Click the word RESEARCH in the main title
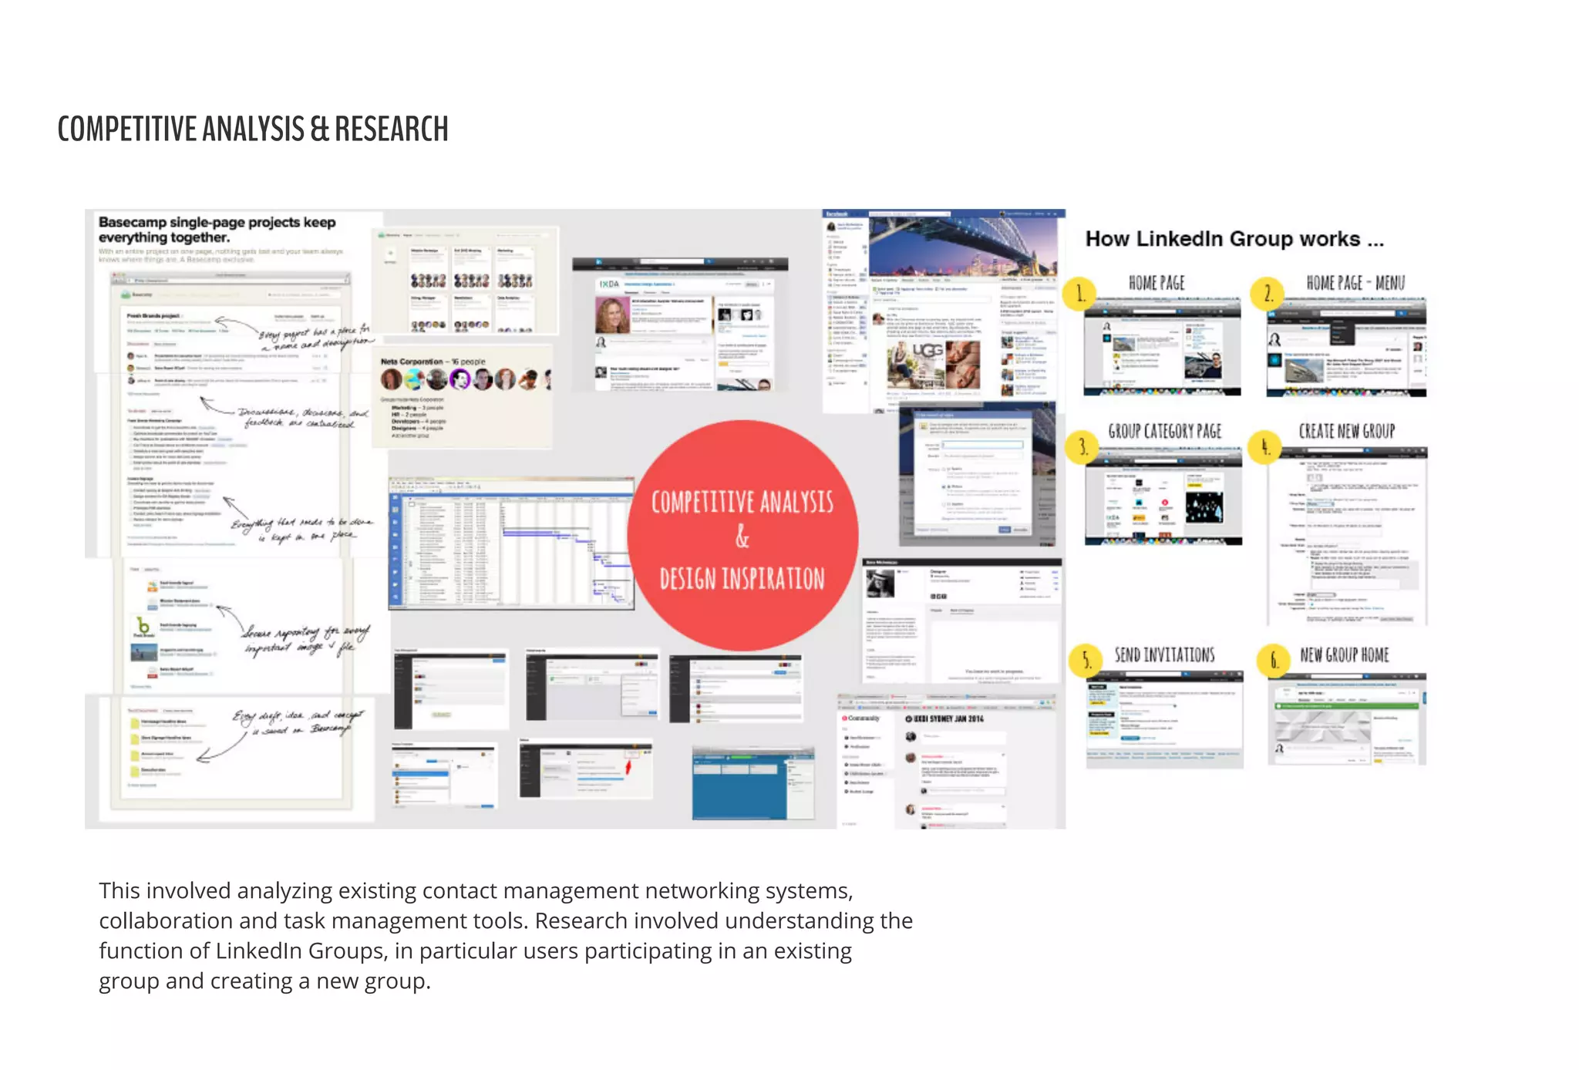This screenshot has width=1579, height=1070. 391,129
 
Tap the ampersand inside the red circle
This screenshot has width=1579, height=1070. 742,537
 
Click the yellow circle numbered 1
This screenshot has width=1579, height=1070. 1081,294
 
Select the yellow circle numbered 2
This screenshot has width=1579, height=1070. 1268,294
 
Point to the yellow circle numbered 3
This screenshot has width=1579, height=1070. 1083,447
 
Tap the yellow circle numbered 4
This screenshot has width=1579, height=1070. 1265,447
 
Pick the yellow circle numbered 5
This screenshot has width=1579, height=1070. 1086,661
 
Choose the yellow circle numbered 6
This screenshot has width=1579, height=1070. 1274,661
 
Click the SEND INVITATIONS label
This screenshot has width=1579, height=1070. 1164,655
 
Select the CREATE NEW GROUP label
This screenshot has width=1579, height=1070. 1346,431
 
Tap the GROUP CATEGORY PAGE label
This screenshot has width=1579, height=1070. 1164,431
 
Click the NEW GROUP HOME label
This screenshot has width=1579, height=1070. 1344,655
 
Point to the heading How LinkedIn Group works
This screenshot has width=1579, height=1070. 1234,239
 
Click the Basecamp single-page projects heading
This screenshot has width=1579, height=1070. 217,230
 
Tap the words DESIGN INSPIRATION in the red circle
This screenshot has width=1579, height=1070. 742,578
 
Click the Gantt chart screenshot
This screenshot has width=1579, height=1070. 511,543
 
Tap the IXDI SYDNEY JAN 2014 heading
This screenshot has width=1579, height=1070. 945,718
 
